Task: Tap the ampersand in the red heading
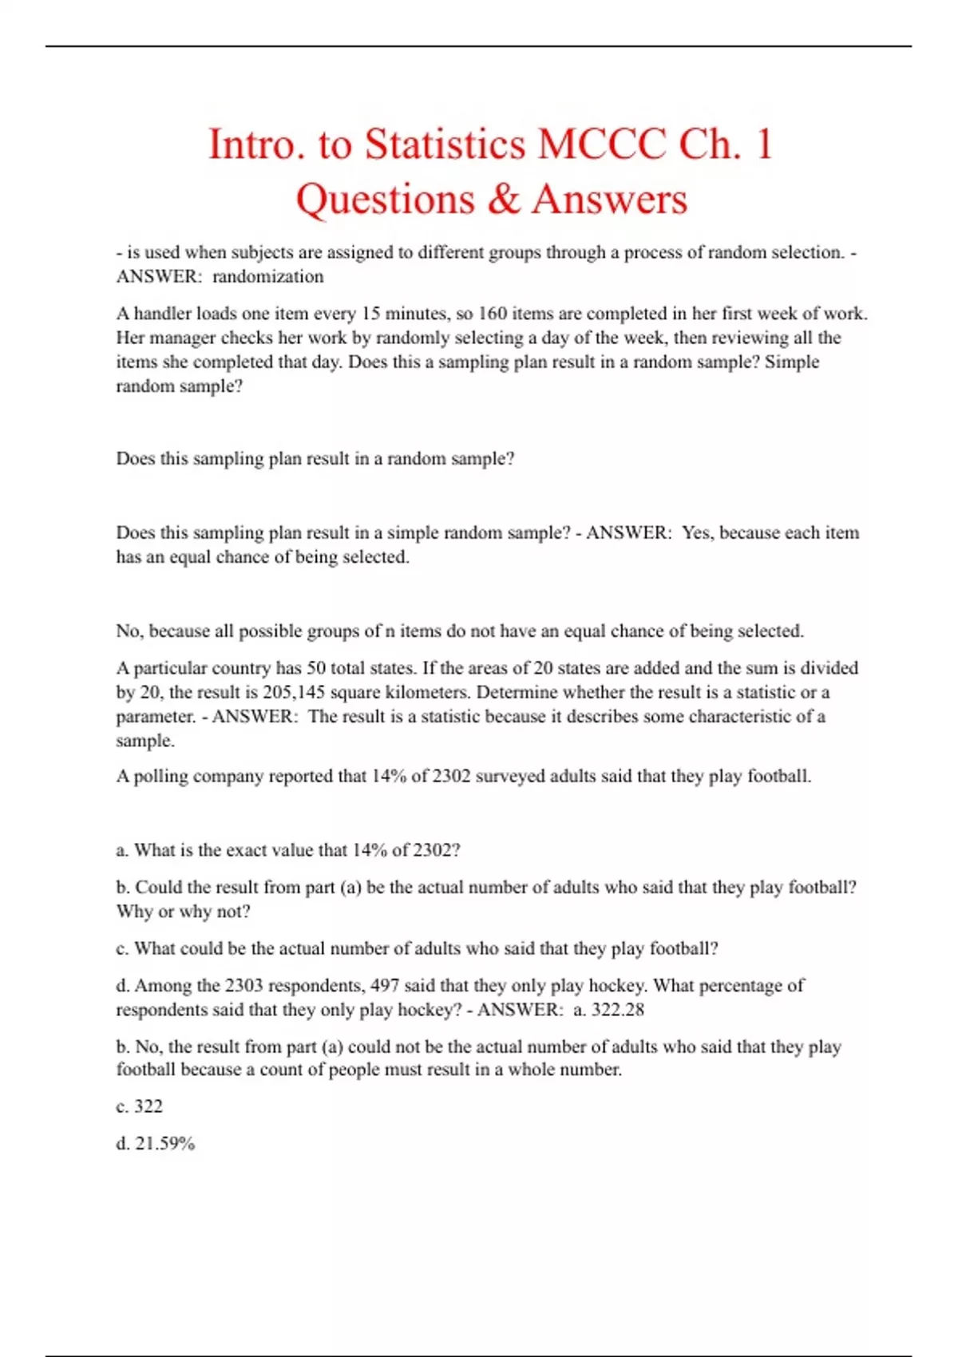coord(503,199)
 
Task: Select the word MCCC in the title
coord(602,145)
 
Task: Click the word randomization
coord(267,277)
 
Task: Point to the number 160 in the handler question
coord(492,314)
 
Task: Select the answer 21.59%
coord(164,1144)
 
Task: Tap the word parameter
coord(155,716)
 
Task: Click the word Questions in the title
coord(385,199)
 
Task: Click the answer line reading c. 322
coord(140,1106)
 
